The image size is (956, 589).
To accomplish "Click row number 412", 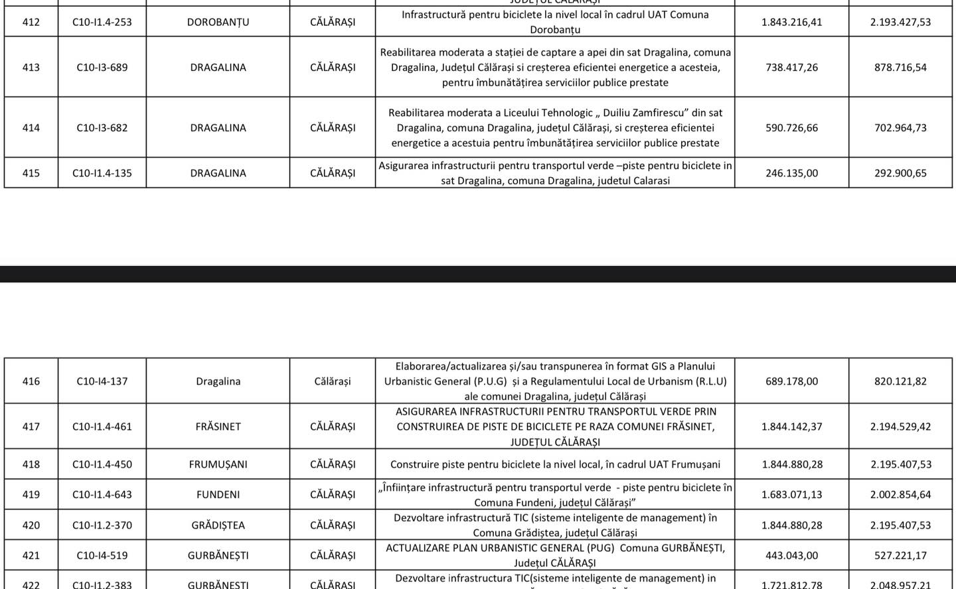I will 31,22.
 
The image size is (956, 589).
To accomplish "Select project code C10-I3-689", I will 102,67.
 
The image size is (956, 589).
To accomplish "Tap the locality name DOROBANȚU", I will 218,22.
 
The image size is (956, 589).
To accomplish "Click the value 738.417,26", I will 791,67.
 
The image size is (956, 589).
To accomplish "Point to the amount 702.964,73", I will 900,127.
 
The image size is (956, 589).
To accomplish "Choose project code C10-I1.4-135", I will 102,173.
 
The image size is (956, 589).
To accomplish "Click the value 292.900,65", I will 900,173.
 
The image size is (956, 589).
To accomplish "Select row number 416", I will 31,381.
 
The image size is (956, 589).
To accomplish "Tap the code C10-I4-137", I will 102,381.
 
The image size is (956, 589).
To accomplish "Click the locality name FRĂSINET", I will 218,426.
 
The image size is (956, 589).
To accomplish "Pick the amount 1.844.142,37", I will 791,426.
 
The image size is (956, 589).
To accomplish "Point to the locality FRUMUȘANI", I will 218,464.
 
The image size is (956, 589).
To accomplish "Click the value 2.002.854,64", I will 900,494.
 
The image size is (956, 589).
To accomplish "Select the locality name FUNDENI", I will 218,494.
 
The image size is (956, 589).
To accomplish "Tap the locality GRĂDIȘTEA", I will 218,525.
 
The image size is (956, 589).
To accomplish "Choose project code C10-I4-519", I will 102,555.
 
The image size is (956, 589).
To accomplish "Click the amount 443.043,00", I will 791,555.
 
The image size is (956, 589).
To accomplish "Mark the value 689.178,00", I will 791,381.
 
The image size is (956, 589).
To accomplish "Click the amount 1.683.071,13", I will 791,494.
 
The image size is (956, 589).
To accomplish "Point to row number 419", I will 31,494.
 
